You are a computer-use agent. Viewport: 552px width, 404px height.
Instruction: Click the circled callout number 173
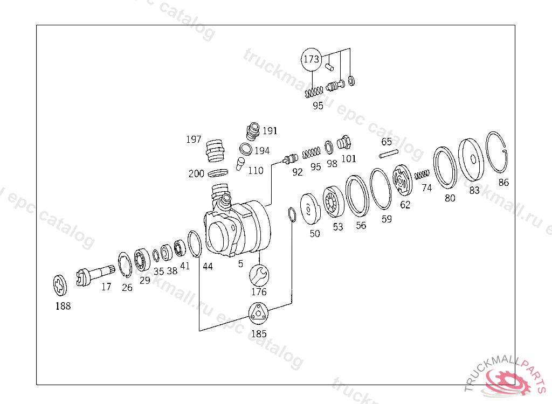click(311, 59)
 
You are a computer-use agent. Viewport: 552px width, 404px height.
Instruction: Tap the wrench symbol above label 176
click(259, 275)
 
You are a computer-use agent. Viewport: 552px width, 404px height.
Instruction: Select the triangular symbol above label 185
click(258, 313)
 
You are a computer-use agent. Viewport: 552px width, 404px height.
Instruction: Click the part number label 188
click(63, 306)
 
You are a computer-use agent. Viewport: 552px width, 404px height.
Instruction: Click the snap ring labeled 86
click(496, 152)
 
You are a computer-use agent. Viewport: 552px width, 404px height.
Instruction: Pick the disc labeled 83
click(471, 159)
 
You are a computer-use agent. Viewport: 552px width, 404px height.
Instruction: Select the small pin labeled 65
click(389, 154)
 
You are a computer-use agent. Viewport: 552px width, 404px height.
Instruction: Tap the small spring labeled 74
click(422, 174)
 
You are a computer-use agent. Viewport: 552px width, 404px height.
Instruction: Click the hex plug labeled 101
click(343, 142)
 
